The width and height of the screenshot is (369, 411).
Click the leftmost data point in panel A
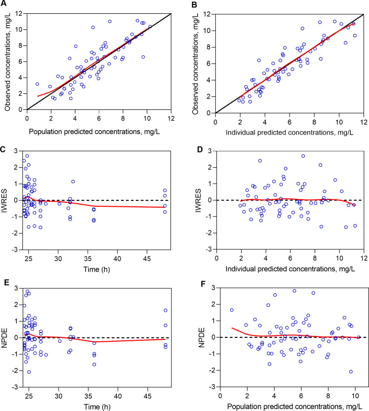coord(37,85)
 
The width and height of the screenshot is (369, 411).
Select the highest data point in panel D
coord(303,156)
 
